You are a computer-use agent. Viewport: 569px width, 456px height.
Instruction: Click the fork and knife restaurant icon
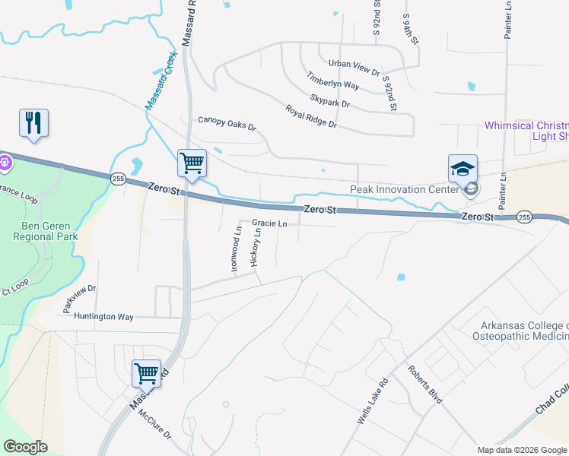pyautogui.click(x=33, y=123)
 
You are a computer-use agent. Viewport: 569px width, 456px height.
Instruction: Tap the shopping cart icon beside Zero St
pyautogui.click(x=192, y=163)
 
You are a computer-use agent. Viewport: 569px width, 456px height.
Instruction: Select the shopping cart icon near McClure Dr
pyautogui.click(x=146, y=374)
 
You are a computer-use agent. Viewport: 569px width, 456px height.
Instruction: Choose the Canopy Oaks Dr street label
pyautogui.click(x=227, y=120)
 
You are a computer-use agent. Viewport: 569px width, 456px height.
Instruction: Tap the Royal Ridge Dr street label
pyautogui.click(x=310, y=116)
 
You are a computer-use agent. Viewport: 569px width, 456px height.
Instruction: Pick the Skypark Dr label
pyautogui.click(x=330, y=99)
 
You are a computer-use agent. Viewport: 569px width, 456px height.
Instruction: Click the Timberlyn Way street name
pyautogui.click(x=332, y=81)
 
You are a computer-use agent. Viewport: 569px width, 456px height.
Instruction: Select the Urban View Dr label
pyautogui.click(x=354, y=68)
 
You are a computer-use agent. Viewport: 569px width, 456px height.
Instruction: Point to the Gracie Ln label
pyautogui.click(x=269, y=224)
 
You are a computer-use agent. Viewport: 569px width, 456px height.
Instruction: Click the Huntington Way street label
pyautogui.click(x=103, y=316)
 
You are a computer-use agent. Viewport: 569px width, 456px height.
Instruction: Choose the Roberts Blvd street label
pyautogui.click(x=424, y=385)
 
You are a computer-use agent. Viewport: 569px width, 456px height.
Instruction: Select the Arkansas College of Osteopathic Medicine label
pyautogui.click(x=520, y=331)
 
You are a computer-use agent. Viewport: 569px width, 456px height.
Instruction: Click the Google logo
pyautogui.click(x=25, y=447)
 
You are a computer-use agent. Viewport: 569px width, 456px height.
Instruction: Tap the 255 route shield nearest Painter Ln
pyautogui.click(x=523, y=217)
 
